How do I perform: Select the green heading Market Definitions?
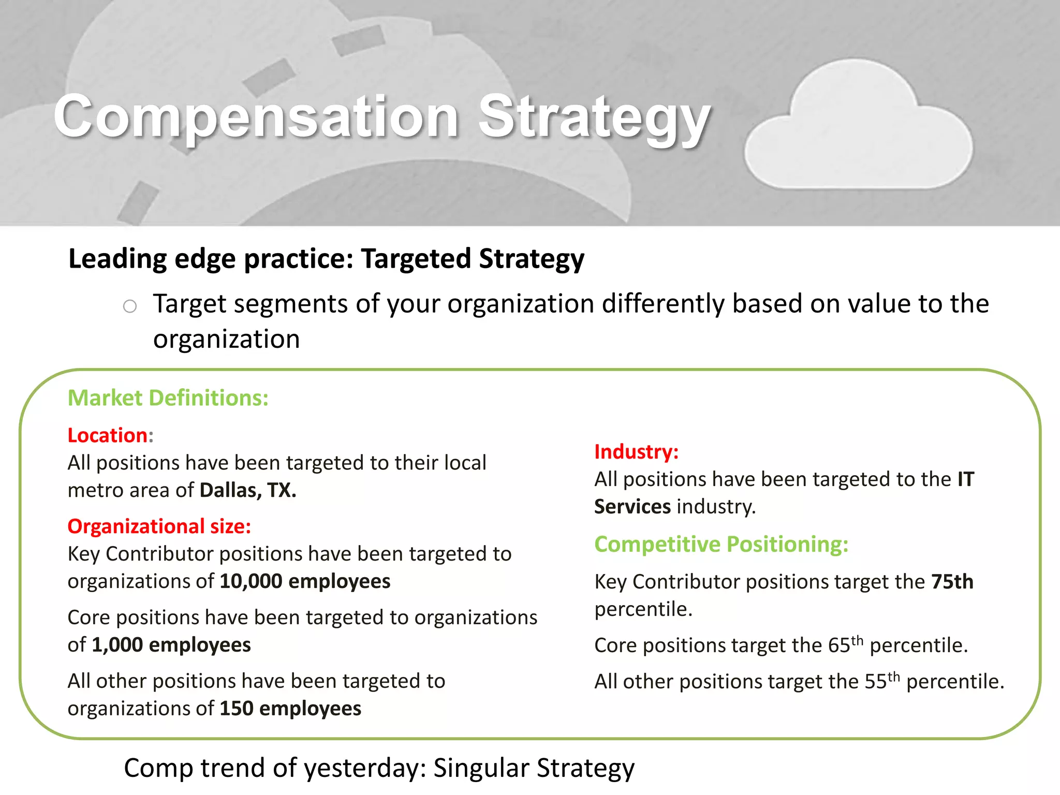coord(168,398)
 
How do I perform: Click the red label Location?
coord(108,435)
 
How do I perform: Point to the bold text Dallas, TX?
coord(248,490)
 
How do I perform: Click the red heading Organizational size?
coord(159,526)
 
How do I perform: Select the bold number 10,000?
coord(251,581)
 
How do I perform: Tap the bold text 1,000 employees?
coord(171,645)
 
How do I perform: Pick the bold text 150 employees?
coord(290,709)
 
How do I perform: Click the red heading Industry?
coord(636,452)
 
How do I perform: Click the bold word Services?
coord(632,507)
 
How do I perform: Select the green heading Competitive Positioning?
coord(721,544)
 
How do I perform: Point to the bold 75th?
coord(952,582)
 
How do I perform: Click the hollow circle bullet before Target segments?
coord(130,306)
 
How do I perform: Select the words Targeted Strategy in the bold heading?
coord(472,259)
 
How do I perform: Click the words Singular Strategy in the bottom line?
coord(534,768)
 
